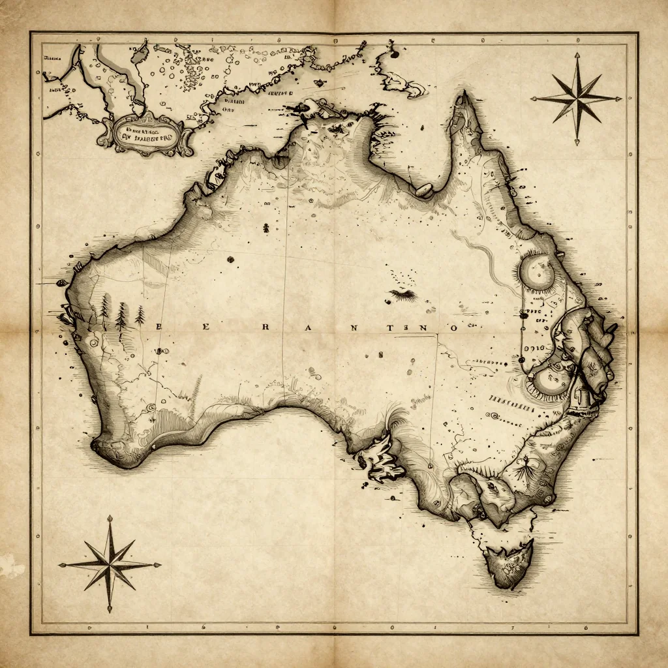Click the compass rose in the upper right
point(577,99)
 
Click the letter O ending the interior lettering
point(450,328)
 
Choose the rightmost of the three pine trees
point(140,316)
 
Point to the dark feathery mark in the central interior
point(402,294)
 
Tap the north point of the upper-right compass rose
point(577,56)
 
